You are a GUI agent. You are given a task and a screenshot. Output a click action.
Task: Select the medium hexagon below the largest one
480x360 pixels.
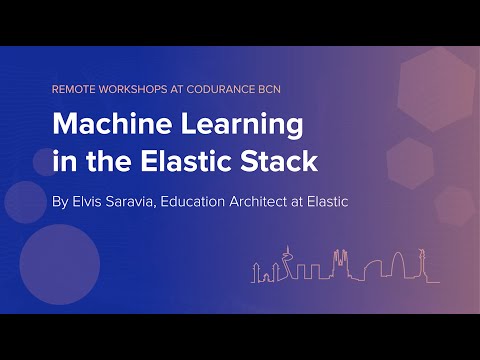[409, 163]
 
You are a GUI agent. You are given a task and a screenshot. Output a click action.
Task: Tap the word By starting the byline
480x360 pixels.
[60, 201]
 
